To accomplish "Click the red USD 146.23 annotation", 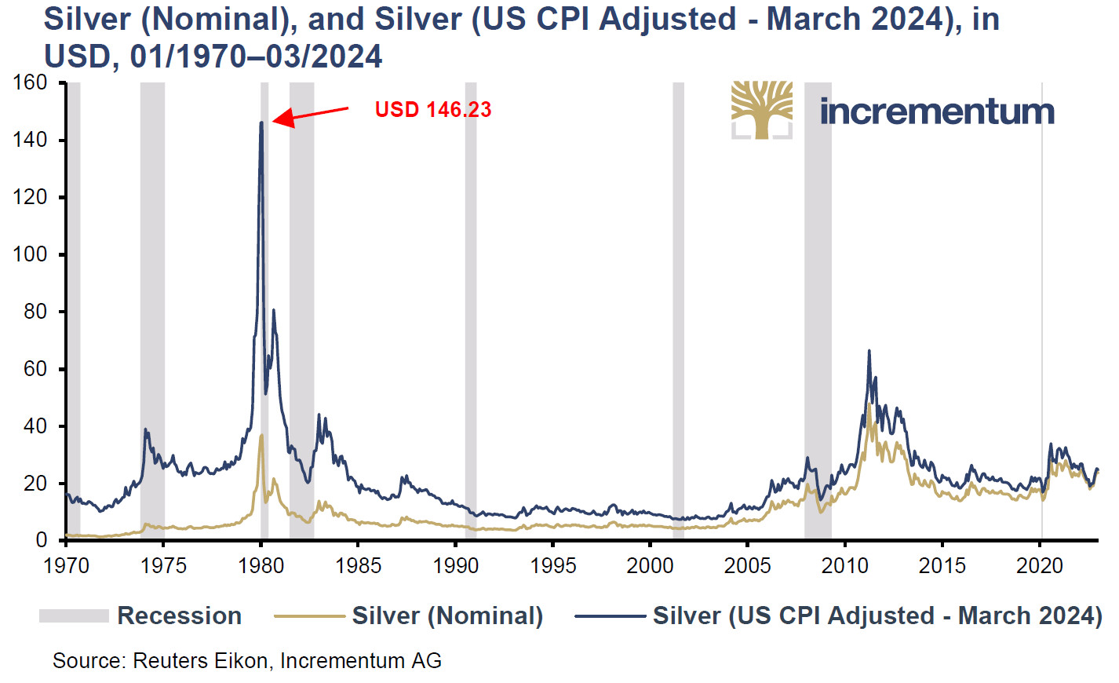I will click(432, 109).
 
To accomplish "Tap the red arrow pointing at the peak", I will click(310, 115).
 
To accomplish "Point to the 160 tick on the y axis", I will click(31, 82).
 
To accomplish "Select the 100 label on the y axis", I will click(31, 254).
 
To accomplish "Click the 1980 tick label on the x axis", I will click(261, 565).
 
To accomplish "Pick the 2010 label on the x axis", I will click(844, 565).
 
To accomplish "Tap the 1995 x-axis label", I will click(552, 565).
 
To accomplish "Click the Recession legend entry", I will click(140, 615).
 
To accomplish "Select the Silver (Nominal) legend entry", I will click(408, 615).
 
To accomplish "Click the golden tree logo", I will click(761, 109).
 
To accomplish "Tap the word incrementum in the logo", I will click(937, 111).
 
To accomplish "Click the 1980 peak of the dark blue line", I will click(261, 122).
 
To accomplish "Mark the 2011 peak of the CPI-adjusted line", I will click(869, 351).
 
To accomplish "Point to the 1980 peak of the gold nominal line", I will click(261, 435).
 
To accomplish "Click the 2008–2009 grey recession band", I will click(818, 314).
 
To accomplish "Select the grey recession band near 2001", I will click(678, 314).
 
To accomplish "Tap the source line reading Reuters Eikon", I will click(246, 661).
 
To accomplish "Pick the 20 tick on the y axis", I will click(35, 484).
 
